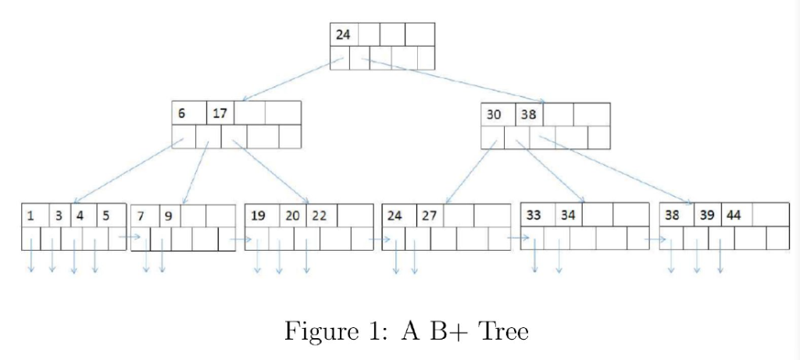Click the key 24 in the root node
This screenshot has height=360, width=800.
click(343, 34)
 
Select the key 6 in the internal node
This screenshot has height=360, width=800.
click(181, 112)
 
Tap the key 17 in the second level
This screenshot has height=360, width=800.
click(220, 112)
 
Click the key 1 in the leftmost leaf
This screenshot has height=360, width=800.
click(30, 216)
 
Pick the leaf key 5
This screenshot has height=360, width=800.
click(106, 216)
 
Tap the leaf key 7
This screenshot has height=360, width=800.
click(141, 216)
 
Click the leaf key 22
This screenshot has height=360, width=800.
click(319, 216)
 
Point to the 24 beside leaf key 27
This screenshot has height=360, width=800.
click(395, 216)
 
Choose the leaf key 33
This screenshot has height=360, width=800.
click(534, 216)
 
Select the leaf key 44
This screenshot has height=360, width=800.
click(734, 216)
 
